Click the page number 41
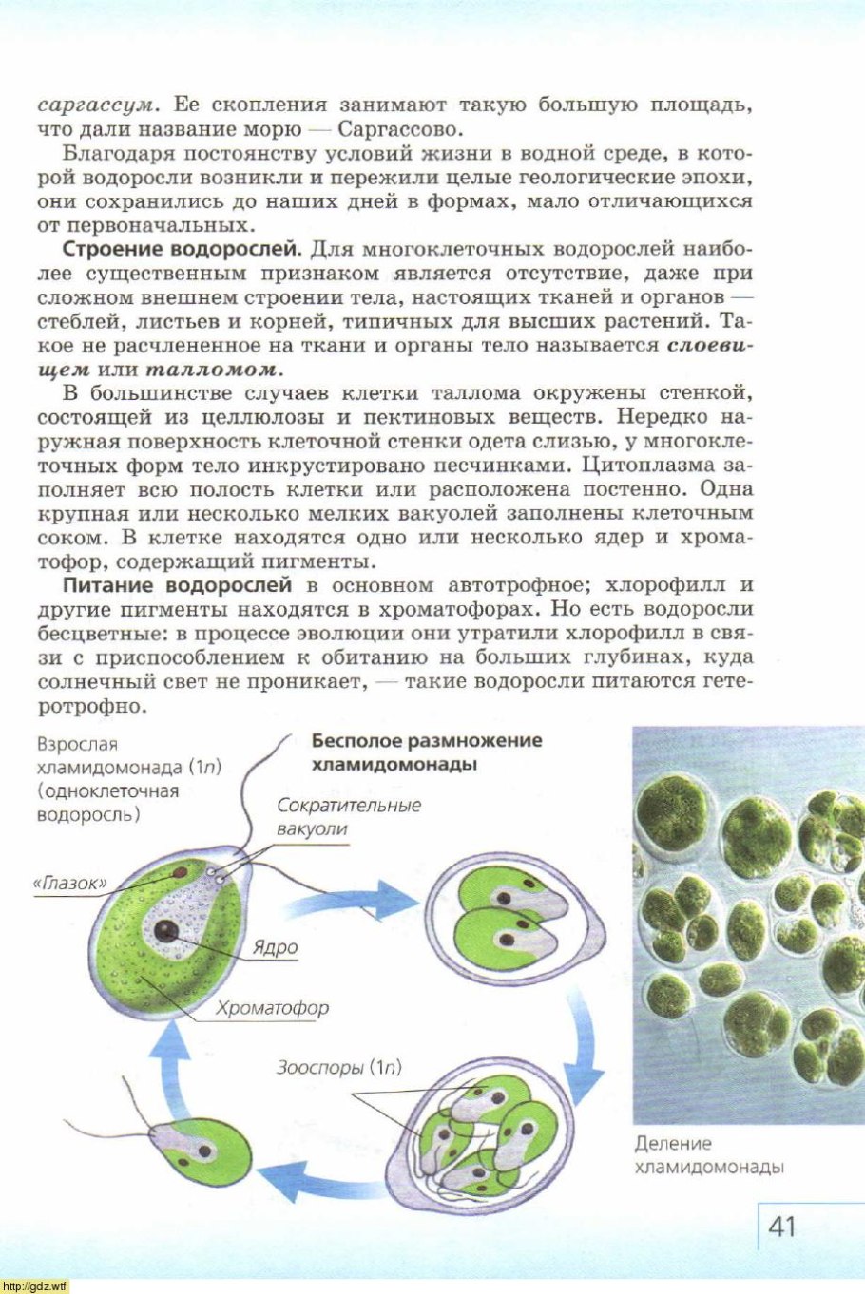coord(780,1226)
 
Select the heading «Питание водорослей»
coord(177,584)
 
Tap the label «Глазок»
coord(70,883)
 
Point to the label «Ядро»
coord(275,947)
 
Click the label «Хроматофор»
coord(272,1008)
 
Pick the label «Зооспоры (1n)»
coord(339,1067)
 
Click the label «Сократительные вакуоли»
coord(348,816)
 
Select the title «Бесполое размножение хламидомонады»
coord(426,752)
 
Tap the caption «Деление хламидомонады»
coord(708,1154)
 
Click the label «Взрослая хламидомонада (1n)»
coord(128,767)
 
